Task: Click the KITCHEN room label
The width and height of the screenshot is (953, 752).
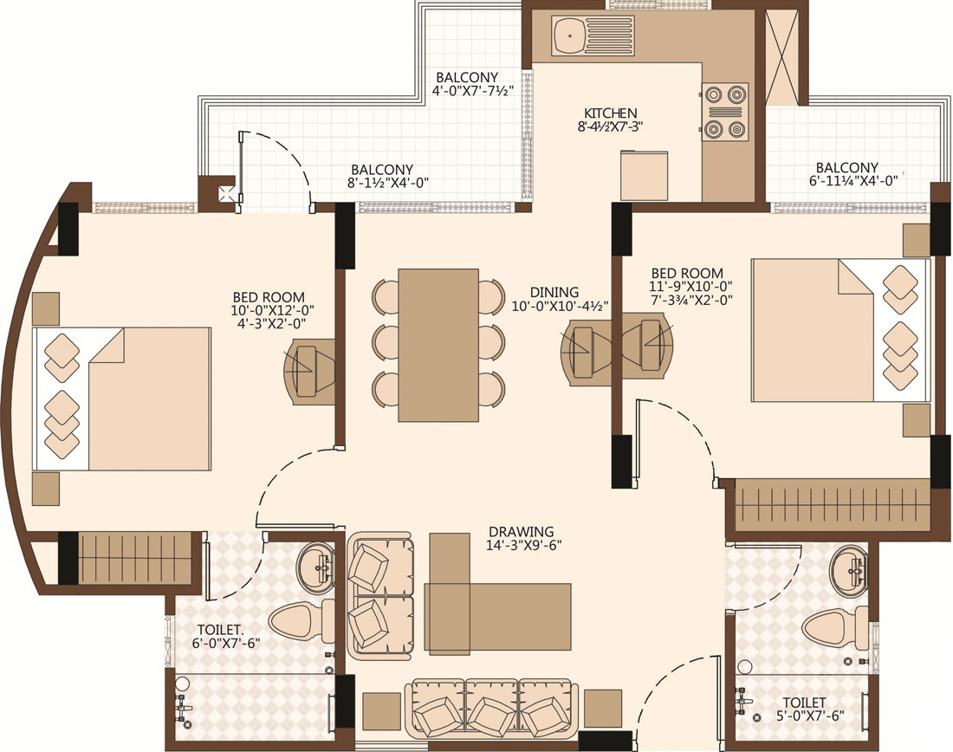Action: (x=610, y=113)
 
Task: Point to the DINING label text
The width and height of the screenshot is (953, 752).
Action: (x=554, y=293)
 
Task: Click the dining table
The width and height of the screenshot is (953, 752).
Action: (x=438, y=345)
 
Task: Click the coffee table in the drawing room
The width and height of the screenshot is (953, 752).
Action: (x=498, y=617)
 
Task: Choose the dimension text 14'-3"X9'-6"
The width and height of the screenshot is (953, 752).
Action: (x=521, y=545)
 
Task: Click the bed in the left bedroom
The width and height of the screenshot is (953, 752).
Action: (x=122, y=399)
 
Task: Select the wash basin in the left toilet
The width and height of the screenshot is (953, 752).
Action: (x=315, y=567)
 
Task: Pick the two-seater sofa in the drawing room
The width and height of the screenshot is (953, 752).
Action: (x=381, y=596)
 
